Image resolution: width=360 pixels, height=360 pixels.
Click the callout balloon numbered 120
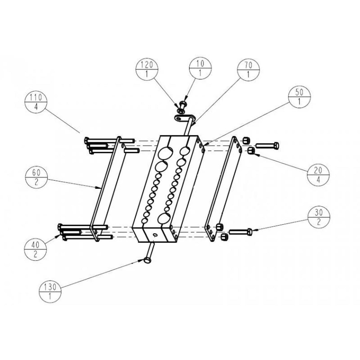[x=147, y=69]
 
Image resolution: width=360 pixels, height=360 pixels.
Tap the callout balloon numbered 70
[x=248, y=69]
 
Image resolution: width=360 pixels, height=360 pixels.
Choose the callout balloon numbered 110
[x=36, y=102]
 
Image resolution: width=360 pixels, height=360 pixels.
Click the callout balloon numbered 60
[x=36, y=177]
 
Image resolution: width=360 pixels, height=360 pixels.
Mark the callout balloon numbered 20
[x=318, y=175]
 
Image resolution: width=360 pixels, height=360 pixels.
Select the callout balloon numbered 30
[x=319, y=217]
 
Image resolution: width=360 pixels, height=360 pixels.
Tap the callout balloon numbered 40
[x=35, y=250]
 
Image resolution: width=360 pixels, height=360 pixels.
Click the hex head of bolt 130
[x=147, y=260]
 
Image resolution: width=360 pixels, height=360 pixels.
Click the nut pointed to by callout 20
[x=251, y=150]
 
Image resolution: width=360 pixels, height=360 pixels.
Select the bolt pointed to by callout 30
[x=240, y=232]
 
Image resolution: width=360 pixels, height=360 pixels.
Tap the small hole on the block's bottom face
[x=154, y=235]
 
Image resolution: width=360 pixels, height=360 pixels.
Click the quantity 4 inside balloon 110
[x=36, y=107]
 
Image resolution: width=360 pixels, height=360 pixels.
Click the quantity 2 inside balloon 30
[x=319, y=222]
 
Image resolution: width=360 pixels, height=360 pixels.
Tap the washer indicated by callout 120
[x=181, y=111]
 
